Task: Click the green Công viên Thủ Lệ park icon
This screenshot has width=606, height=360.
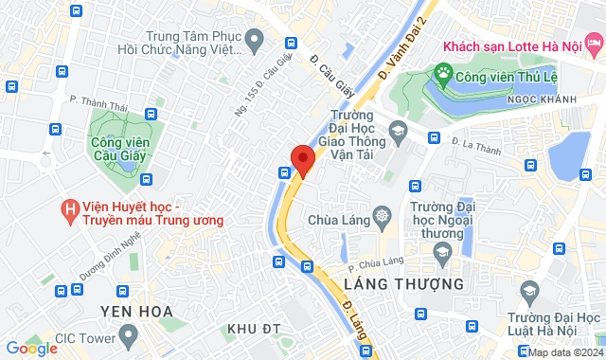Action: click(x=440, y=72)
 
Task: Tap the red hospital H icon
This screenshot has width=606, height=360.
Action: click(x=69, y=207)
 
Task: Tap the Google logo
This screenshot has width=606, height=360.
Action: click(x=31, y=349)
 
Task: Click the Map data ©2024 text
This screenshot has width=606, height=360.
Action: click(x=564, y=352)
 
